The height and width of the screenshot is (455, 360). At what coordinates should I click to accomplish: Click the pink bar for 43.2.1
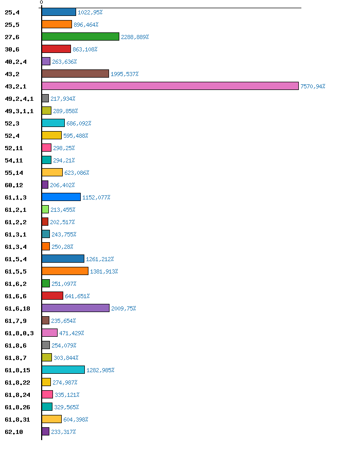(x=170, y=86)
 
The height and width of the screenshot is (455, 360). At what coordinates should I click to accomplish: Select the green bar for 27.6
(x=80, y=37)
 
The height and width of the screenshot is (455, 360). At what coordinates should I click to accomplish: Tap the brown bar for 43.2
(x=75, y=74)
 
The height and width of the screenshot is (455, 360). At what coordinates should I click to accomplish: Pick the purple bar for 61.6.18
(x=76, y=308)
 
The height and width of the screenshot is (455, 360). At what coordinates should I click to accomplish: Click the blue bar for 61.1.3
(x=61, y=197)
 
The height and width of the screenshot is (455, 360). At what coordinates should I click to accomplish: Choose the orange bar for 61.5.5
(x=65, y=271)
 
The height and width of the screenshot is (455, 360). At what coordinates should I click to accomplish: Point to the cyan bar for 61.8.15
(x=63, y=370)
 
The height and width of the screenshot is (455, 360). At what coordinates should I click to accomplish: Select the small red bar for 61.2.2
(x=45, y=222)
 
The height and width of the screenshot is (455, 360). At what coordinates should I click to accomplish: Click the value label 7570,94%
(x=313, y=86)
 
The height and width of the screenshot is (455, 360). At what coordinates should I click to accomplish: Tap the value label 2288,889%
(x=135, y=37)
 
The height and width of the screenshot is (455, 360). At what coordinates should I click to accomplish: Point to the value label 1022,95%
(x=90, y=12)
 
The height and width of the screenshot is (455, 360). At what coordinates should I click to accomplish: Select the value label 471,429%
(x=71, y=333)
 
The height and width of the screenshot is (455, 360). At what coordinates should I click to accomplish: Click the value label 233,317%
(x=63, y=432)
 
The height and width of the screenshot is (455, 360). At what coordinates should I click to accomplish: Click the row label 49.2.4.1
(x=19, y=99)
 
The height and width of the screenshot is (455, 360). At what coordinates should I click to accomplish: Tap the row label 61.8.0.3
(x=19, y=333)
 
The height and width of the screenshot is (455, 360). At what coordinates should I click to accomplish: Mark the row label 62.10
(x=14, y=432)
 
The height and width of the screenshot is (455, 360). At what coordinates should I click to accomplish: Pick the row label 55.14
(x=14, y=173)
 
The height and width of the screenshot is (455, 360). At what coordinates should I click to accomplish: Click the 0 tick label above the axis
(x=41, y=3)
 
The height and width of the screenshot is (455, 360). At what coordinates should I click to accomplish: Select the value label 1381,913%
(x=104, y=271)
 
